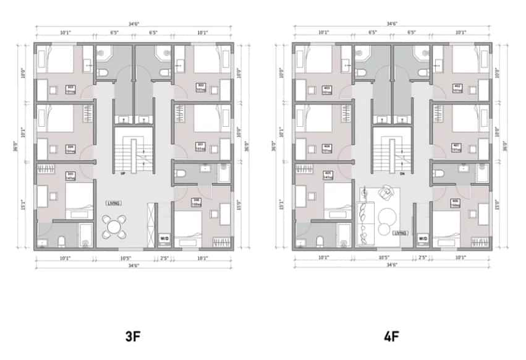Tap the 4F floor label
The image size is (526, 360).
[x=391, y=337]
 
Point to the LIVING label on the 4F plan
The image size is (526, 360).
[x=400, y=233]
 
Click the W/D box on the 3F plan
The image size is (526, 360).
[x=164, y=238]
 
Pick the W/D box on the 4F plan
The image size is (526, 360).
[x=423, y=238]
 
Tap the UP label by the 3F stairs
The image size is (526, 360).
[x=123, y=173]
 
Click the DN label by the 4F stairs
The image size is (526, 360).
[x=402, y=173]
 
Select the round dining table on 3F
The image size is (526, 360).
[x=114, y=227]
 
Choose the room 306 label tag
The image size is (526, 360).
[x=196, y=201]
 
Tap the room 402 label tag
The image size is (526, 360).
[x=458, y=87]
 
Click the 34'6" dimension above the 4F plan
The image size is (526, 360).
[x=391, y=24]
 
